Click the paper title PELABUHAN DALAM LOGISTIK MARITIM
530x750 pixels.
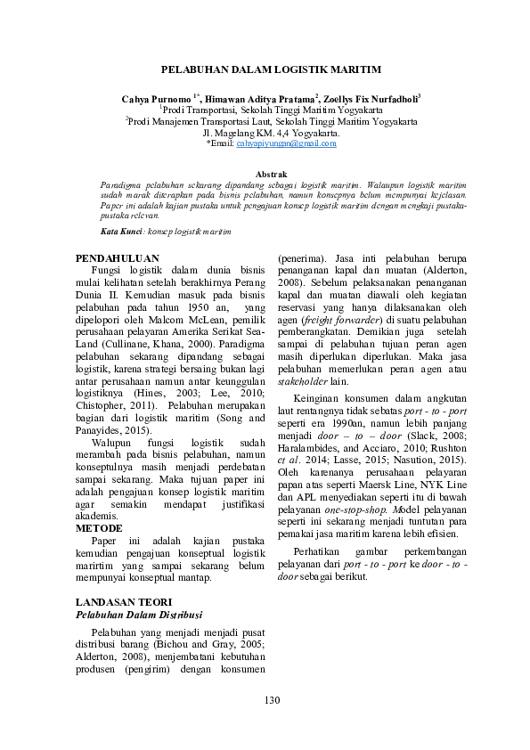tap(271, 69)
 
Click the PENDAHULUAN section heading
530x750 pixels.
tap(118, 258)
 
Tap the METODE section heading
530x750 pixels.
tap(99, 528)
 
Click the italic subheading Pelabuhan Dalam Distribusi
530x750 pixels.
tap(139, 615)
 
